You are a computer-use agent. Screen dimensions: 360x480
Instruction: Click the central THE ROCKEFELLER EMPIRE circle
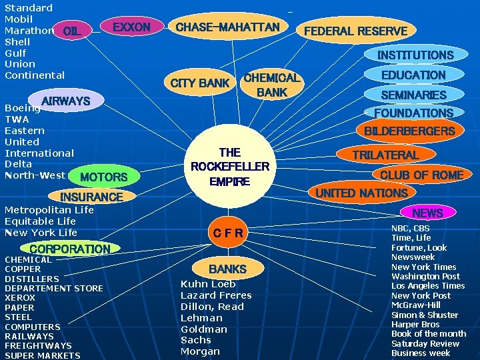click(x=229, y=166)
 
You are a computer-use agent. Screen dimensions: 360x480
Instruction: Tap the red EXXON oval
click(x=131, y=27)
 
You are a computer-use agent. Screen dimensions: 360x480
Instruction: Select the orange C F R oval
click(x=228, y=232)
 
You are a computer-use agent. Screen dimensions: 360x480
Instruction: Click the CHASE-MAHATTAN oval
click(x=227, y=27)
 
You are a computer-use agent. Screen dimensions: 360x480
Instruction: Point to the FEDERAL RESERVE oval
click(x=355, y=31)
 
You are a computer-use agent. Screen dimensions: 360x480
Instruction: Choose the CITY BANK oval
click(x=200, y=83)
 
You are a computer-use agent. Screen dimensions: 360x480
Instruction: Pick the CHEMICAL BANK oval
click(x=272, y=85)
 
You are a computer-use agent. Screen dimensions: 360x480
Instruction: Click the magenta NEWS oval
click(x=427, y=213)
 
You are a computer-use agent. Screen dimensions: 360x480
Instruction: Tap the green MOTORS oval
click(x=103, y=177)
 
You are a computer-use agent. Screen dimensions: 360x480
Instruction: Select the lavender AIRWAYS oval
click(x=65, y=101)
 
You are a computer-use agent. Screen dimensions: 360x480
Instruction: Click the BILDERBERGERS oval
click(x=409, y=131)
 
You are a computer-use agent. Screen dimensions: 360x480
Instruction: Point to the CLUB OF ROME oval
click(x=421, y=175)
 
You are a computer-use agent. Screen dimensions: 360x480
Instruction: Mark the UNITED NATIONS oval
click(x=361, y=193)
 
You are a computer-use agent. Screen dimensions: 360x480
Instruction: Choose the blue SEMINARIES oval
click(x=413, y=95)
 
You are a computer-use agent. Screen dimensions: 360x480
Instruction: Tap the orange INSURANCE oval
click(x=91, y=197)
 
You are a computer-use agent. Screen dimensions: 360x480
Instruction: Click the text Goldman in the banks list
click(x=204, y=329)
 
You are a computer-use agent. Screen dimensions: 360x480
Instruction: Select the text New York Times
click(x=423, y=267)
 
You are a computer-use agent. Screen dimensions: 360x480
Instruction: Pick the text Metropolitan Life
click(x=49, y=210)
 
